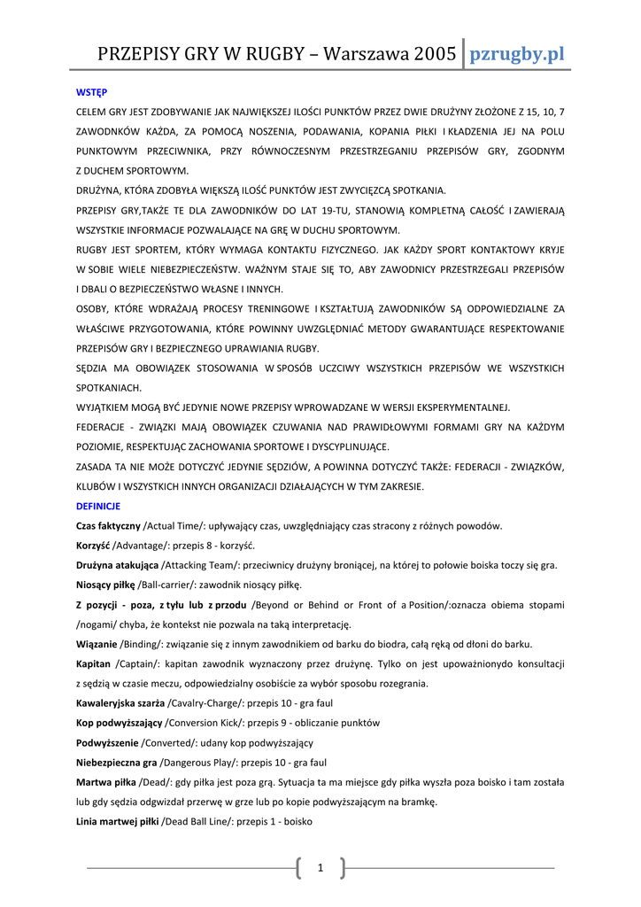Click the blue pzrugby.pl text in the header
(516, 54)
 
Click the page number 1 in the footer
(320, 868)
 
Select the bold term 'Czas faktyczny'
(108, 526)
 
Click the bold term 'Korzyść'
(93, 546)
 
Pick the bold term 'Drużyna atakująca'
(117, 565)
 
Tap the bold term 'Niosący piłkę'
(105, 585)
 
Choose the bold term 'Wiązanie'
(97, 644)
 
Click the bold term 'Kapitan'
(94, 663)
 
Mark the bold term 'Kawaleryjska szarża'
(121, 703)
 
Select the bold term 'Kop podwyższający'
(119, 723)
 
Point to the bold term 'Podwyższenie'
(107, 742)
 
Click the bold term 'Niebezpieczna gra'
(116, 762)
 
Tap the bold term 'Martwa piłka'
(106, 782)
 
